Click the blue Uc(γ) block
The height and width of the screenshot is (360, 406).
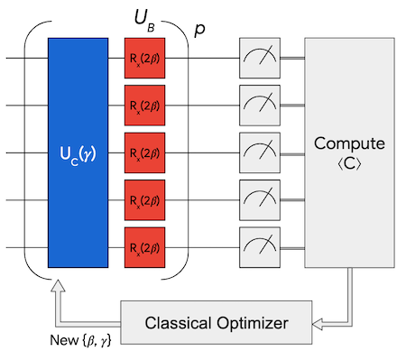[x=78, y=152]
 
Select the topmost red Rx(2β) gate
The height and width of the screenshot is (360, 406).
[x=144, y=58]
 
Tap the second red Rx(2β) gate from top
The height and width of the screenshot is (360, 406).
[x=144, y=106]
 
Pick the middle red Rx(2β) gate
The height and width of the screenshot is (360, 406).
[x=144, y=152]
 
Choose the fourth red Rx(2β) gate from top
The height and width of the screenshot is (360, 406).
[x=144, y=200]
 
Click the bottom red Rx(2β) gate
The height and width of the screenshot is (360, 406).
[x=144, y=247]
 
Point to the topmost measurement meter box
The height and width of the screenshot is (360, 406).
[x=260, y=58]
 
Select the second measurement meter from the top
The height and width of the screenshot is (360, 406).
[x=260, y=106]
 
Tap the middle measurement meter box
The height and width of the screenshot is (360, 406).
[x=260, y=152]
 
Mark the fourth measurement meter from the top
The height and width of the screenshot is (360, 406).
[x=260, y=200]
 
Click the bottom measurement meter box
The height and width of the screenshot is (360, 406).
[x=260, y=247]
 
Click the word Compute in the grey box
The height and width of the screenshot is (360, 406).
[x=349, y=143]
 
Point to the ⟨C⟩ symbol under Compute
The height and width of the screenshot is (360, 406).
[x=349, y=164]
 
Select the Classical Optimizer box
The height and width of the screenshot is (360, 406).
[x=217, y=322]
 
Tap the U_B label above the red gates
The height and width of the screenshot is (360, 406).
[x=144, y=21]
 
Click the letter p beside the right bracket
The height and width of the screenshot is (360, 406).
[x=199, y=30]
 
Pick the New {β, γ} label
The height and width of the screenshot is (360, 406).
[x=80, y=340]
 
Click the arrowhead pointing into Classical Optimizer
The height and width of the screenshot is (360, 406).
[x=318, y=325]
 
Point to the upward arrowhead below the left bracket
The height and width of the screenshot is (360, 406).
[x=58, y=286]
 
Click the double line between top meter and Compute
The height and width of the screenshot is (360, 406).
[x=292, y=58]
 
